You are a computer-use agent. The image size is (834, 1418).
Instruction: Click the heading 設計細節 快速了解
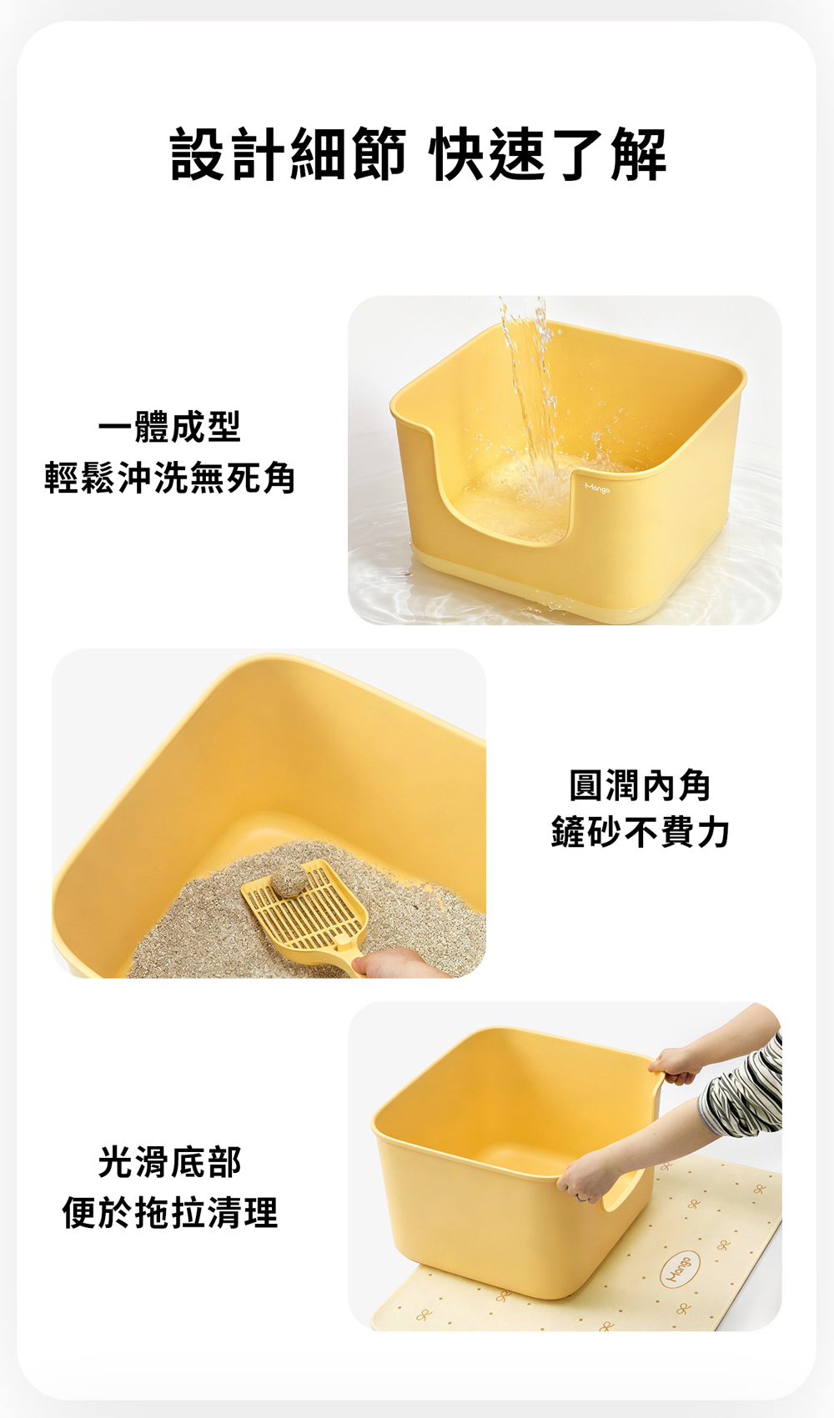coord(418,154)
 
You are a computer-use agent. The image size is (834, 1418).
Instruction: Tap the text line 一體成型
coord(169,427)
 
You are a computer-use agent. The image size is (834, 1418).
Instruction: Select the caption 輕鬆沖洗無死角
coord(169,478)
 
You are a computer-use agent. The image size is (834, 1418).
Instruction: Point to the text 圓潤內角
coord(640,785)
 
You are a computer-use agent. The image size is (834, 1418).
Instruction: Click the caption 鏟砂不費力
coord(640,832)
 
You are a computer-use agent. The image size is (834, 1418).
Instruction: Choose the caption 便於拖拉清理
coord(169,1213)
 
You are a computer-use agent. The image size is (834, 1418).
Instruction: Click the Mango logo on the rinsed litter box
coord(597,488)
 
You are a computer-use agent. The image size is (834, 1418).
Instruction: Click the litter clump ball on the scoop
coord(289,880)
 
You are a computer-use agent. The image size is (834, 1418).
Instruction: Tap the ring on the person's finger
coord(580,1197)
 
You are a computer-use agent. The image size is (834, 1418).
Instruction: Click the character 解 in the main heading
coord(639,154)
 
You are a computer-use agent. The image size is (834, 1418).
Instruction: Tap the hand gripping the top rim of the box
coord(673,1065)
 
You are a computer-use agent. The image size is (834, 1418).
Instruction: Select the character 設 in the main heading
coord(198,154)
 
